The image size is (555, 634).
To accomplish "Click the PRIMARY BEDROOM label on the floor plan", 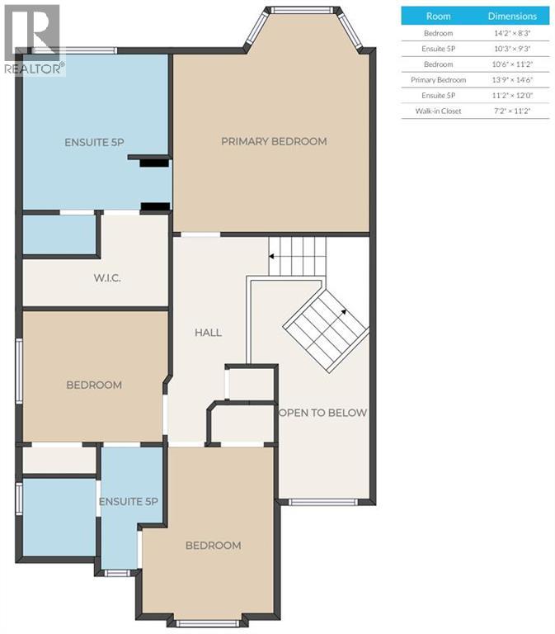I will [x=273, y=141].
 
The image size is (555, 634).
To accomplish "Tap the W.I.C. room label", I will [x=106, y=278].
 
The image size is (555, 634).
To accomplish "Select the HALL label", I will [x=208, y=333].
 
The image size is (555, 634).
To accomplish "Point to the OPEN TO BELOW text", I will [x=322, y=413].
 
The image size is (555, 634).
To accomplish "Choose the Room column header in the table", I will [x=437, y=16].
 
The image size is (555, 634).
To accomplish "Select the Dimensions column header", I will [x=511, y=16].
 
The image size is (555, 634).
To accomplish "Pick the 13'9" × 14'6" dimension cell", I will [x=511, y=79].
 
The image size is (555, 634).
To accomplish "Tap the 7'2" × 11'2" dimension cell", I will [x=511, y=111].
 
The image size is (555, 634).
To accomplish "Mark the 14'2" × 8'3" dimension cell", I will [x=511, y=32].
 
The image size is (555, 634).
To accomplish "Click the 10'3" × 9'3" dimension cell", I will [x=511, y=48].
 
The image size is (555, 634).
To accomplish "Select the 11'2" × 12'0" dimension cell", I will [x=511, y=95].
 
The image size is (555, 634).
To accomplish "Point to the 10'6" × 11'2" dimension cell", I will [x=511, y=64].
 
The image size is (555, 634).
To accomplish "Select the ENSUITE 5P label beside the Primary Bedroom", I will [x=94, y=142].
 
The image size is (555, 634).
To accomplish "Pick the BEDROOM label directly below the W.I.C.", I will [x=94, y=385].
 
